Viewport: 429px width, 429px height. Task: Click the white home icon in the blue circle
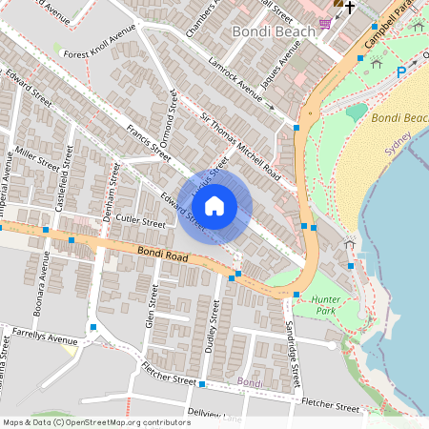tap(214, 206)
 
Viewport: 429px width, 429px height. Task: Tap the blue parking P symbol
tap(400, 71)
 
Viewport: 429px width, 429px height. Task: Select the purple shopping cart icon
tap(326, 23)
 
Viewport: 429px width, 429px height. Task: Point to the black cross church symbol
tap(350, 8)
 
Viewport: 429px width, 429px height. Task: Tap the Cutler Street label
tap(140, 220)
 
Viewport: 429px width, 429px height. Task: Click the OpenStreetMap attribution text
tap(95, 421)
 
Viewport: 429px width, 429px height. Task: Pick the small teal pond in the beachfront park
tap(356, 112)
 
